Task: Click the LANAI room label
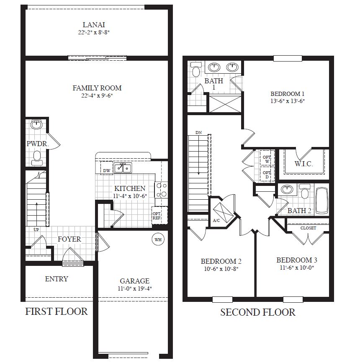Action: click(97, 25)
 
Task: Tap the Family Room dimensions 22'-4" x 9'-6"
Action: click(97, 95)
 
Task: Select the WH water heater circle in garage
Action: click(158, 239)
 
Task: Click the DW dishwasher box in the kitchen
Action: click(107, 170)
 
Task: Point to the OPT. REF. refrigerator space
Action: click(157, 216)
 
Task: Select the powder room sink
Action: click(37, 124)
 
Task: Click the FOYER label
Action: click(69, 239)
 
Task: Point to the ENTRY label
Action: click(57, 279)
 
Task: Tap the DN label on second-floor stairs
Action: click(198, 133)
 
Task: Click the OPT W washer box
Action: click(266, 159)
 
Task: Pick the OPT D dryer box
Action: click(266, 174)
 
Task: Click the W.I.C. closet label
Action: click(304, 164)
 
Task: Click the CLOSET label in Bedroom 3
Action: click(308, 228)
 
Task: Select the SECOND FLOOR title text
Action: click(257, 312)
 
